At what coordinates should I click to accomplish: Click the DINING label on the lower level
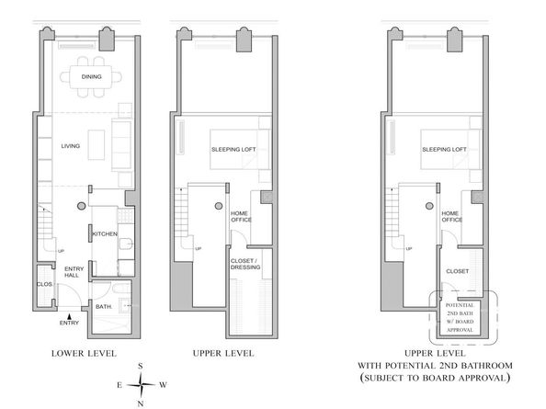point(90,76)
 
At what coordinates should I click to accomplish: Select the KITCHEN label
point(104,235)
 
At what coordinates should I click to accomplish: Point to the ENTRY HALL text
point(73,273)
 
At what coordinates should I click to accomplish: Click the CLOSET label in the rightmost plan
point(456,271)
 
